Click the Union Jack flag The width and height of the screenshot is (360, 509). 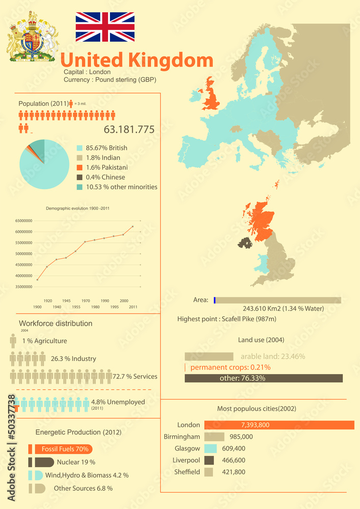pyautogui.click(x=105, y=27)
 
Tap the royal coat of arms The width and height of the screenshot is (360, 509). pyautogui.click(x=33, y=37)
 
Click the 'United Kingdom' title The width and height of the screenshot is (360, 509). pyautogui.click(x=136, y=60)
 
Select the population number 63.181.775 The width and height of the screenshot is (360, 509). pyautogui.click(x=129, y=129)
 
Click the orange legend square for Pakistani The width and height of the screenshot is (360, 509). pyautogui.click(x=79, y=167)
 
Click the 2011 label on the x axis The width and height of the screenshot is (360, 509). pyautogui.click(x=133, y=307)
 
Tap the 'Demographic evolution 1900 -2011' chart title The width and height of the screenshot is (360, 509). pyautogui.click(x=78, y=208)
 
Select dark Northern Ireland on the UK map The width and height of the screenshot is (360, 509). pyautogui.click(x=245, y=243)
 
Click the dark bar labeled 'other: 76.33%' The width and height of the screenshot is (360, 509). pyautogui.click(x=263, y=378)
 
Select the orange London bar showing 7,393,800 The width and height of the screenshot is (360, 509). pyautogui.click(x=279, y=425)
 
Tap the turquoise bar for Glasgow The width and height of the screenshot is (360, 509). pyautogui.click(x=211, y=448)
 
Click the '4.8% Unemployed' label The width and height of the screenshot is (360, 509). pyautogui.click(x=118, y=402)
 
